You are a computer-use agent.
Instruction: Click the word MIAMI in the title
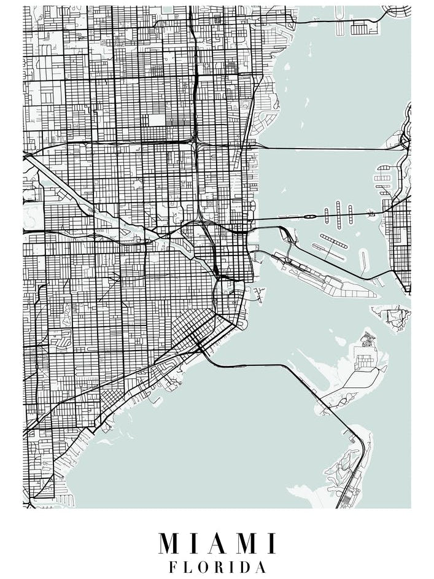click(217, 543)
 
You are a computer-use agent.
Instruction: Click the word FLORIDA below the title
click(217, 567)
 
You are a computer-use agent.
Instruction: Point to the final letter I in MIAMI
click(271, 543)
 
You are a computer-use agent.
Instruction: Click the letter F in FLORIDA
click(173, 567)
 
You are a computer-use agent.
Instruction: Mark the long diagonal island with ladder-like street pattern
click(333, 241)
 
